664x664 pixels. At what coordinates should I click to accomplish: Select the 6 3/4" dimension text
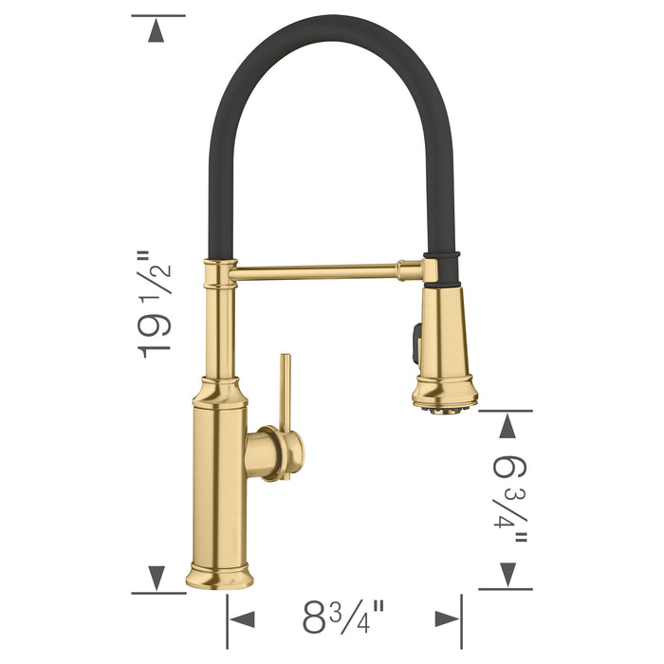click(x=509, y=499)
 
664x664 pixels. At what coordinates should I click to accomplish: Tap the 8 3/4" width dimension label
click(x=343, y=618)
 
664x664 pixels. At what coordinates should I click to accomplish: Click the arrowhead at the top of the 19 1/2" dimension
click(x=157, y=31)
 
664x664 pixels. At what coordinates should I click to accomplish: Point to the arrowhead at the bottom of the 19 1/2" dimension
click(x=157, y=576)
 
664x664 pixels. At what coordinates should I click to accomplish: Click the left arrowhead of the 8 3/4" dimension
click(x=243, y=619)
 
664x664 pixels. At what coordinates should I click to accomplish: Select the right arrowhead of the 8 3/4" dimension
click(x=447, y=619)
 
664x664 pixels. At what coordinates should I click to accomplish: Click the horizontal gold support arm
click(x=323, y=272)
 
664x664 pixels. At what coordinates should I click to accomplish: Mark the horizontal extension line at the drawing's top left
click(x=157, y=15)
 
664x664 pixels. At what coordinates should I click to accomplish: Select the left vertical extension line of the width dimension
click(x=227, y=621)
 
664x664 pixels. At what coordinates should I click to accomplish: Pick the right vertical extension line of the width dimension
click(x=462, y=621)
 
